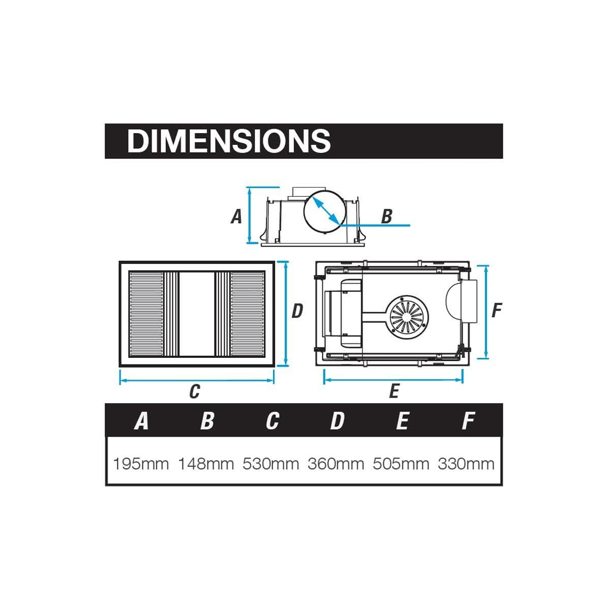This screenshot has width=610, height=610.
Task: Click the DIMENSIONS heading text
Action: [229, 141]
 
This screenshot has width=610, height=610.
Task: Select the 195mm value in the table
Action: [141, 464]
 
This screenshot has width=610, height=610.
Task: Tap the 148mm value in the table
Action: [206, 464]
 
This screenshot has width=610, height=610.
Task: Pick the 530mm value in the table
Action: [271, 464]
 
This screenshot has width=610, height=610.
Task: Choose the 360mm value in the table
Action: [336, 464]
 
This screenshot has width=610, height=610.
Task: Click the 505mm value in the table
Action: [401, 464]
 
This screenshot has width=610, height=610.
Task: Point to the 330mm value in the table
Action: [466, 464]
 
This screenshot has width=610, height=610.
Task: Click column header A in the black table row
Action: [141, 421]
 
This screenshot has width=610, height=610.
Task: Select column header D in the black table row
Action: [337, 421]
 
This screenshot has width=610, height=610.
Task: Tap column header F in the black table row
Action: [469, 421]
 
